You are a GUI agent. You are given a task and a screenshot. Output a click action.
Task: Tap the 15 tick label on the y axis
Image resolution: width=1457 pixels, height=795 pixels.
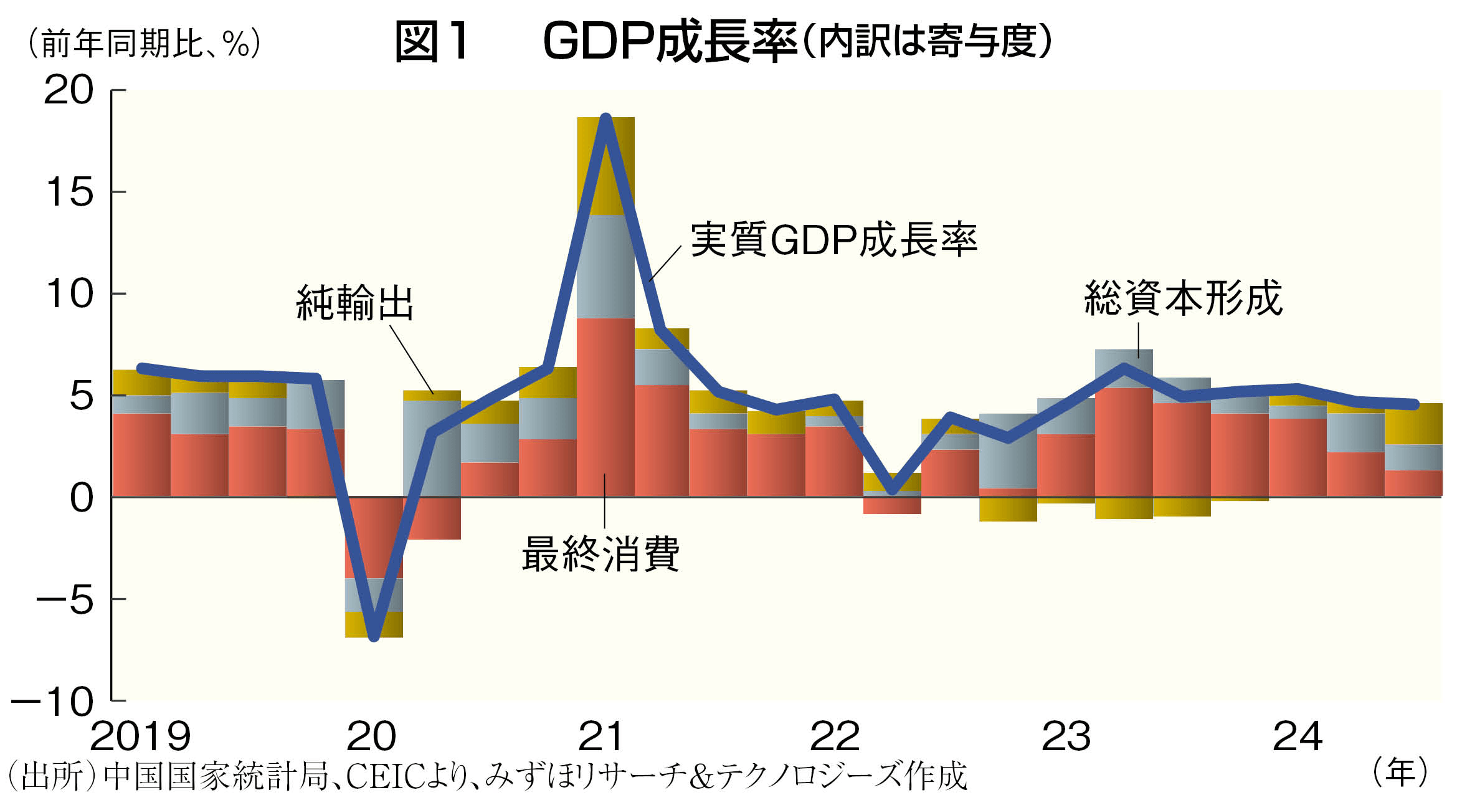pos(70,192)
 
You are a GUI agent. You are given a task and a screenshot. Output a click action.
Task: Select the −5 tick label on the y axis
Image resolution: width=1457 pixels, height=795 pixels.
pos(64,600)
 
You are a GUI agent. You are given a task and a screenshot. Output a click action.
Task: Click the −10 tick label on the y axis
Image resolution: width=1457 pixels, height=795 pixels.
pos(52,702)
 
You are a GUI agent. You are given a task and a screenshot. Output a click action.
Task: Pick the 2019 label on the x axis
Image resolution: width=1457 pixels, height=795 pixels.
pos(140,736)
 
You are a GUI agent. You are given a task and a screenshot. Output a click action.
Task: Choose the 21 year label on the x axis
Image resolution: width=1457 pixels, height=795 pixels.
pos(600,736)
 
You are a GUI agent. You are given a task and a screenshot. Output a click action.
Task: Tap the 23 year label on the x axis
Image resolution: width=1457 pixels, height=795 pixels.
pos(1066,736)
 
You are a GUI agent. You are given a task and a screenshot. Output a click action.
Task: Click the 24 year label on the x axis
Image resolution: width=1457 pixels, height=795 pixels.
pos(1298,736)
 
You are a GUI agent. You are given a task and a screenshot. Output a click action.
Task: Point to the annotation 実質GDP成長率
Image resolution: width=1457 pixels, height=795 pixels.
pos(833,240)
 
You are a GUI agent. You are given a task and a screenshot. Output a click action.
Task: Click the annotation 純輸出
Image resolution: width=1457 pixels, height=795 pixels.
pos(355,303)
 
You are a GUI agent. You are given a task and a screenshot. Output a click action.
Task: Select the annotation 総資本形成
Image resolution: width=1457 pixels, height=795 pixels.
pos(1183,298)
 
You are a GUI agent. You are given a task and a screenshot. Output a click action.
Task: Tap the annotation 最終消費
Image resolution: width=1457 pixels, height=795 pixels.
pos(600,554)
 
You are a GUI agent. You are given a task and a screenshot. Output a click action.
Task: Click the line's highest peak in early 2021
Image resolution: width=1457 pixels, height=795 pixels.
pos(605,118)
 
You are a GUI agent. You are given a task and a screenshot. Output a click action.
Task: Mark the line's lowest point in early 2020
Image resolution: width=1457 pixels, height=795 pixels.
pos(374,637)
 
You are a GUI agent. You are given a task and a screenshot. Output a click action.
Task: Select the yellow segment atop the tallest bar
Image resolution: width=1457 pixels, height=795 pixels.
pos(605,166)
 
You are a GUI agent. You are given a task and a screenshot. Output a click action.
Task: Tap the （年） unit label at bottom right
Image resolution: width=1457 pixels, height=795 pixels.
pos(1400,773)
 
